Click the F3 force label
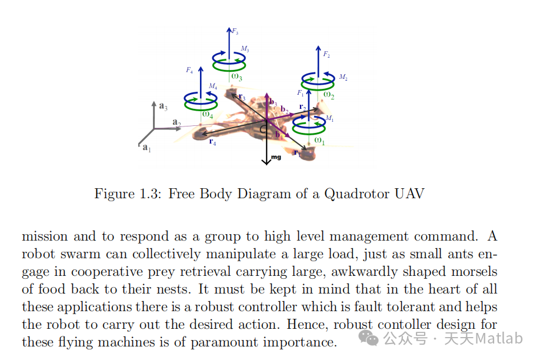(x=235, y=32)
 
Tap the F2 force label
(x=326, y=54)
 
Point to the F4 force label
(x=189, y=70)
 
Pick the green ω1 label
(x=319, y=140)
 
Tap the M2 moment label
(x=343, y=77)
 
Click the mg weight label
(x=276, y=158)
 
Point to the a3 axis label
(x=164, y=106)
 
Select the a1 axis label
(x=147, y=148)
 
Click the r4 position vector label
(x=212, y=142)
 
